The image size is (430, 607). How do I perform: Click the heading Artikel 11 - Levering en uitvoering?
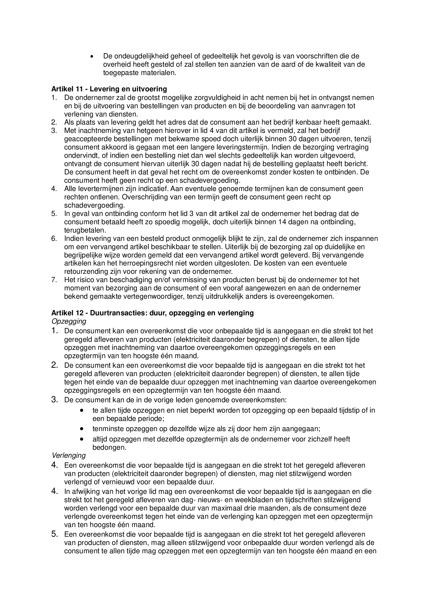click(x=109, y=89)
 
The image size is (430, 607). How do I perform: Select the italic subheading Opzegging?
click(x=69, y=321)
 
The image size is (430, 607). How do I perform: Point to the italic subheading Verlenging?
click(x=69, y=455)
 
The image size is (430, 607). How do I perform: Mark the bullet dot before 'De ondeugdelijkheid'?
click(x=92, y=56)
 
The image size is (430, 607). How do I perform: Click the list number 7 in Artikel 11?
click(x=54, y=280)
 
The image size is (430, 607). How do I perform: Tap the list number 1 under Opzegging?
click(x=55, y=331)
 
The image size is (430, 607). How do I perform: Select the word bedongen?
click(x=108, y=447)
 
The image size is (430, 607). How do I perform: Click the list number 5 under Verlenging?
click(x=55, y=534)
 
